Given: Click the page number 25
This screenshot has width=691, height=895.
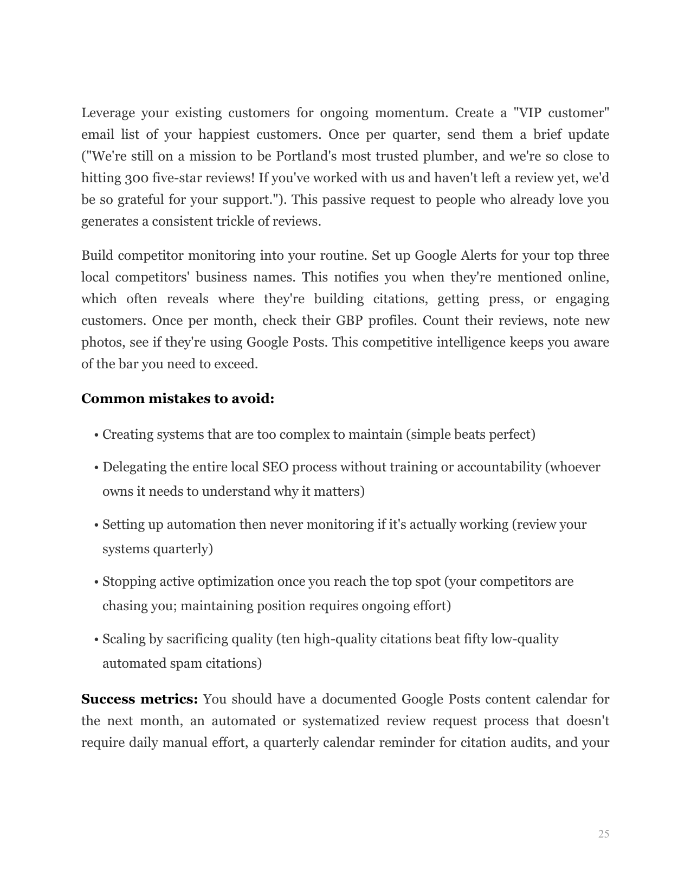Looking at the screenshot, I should tap(604, 834).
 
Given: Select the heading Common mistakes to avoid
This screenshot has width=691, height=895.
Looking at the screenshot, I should tap(178, 399).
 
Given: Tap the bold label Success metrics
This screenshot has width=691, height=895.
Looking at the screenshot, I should tap(139, 699).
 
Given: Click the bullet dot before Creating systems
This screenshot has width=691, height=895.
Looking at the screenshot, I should tap(96, 436).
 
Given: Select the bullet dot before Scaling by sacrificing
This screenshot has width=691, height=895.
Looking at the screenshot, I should tap(96, 640).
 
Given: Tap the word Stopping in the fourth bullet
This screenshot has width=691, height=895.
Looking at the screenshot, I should tap(126, 582).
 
